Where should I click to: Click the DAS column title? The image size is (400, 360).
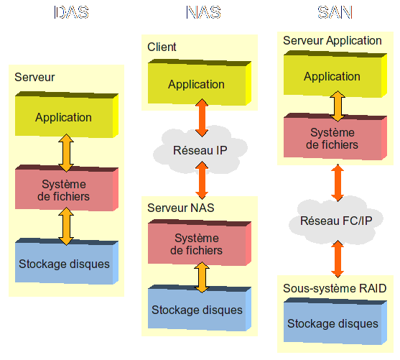pyautogui.click(x=71, y=12)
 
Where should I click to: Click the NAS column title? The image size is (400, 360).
pyautogui.click(x=203, y=12)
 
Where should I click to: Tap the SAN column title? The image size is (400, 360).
pyautogui.click(x=335, y=12)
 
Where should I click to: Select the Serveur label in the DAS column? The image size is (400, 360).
pyautogui.click(x=34, y=77)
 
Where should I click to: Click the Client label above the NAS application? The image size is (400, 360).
pyautogui.click(x=162, y=47)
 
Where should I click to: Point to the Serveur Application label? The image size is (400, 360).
pyautogui.click(x=332, y=40)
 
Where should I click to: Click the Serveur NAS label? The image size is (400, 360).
pyautogui.click(x=181, y=208)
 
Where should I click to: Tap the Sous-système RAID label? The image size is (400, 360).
pyautogui.click(x=335, y=289)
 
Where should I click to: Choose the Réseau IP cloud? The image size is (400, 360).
pyautogui.click(x=200, y=150)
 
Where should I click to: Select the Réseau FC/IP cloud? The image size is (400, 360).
pyautogui.click(x=336, y=221)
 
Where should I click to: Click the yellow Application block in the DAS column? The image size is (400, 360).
pyautogui.click(x=67, y=115)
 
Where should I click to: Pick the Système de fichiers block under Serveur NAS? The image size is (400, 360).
pyautogui.click(x=200, y=243)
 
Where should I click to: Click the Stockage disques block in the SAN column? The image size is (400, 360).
pyautogui.click(x=335, y=321)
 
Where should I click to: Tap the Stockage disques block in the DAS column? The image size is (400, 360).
pyautogui.click(x=67, y=261)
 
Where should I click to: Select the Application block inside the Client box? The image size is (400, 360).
pyautogui.click(x=200, y=82)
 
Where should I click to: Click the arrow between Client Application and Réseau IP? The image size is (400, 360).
pyautogui.click(x=202, y=118)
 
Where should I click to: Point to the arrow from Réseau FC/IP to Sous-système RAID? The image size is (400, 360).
pyautogui.click(x=338, y=259)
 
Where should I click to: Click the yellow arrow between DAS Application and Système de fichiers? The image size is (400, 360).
pyautogui.click(x=66, y=152)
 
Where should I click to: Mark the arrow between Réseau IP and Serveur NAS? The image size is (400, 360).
pyautogui.click(x=202, y=180)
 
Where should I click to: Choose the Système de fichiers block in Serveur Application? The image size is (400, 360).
pyautogui.click(x=335, y=137)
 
